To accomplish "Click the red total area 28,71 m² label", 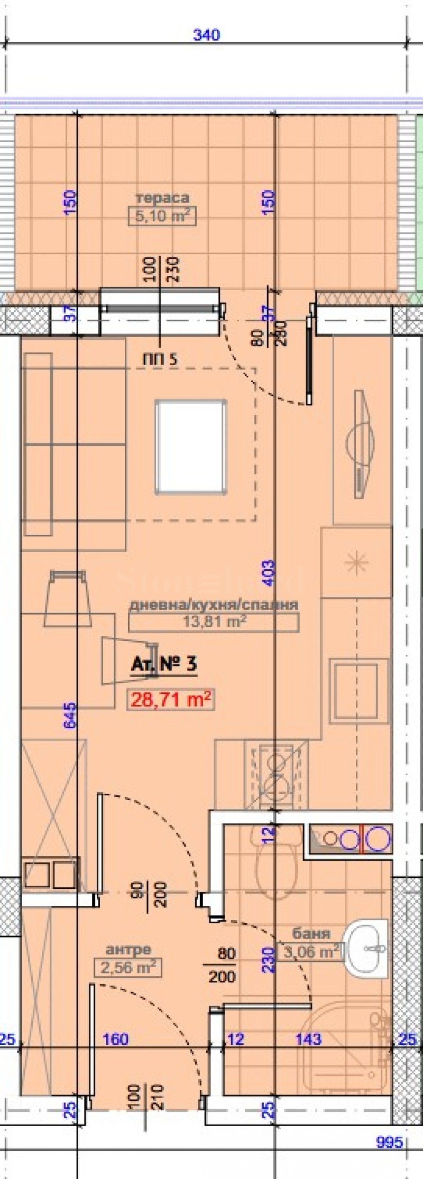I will (x=171, y=700).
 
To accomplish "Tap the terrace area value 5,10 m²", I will (x=162, y=216).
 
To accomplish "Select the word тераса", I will (x=162, y=199).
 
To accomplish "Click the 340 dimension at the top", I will (x=206, y=35).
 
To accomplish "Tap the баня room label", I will (x=311, y=934).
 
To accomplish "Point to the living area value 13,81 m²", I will (x=214, y=622).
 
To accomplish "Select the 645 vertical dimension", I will (x=70, y=716).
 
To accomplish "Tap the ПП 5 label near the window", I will (x=160, y=359).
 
